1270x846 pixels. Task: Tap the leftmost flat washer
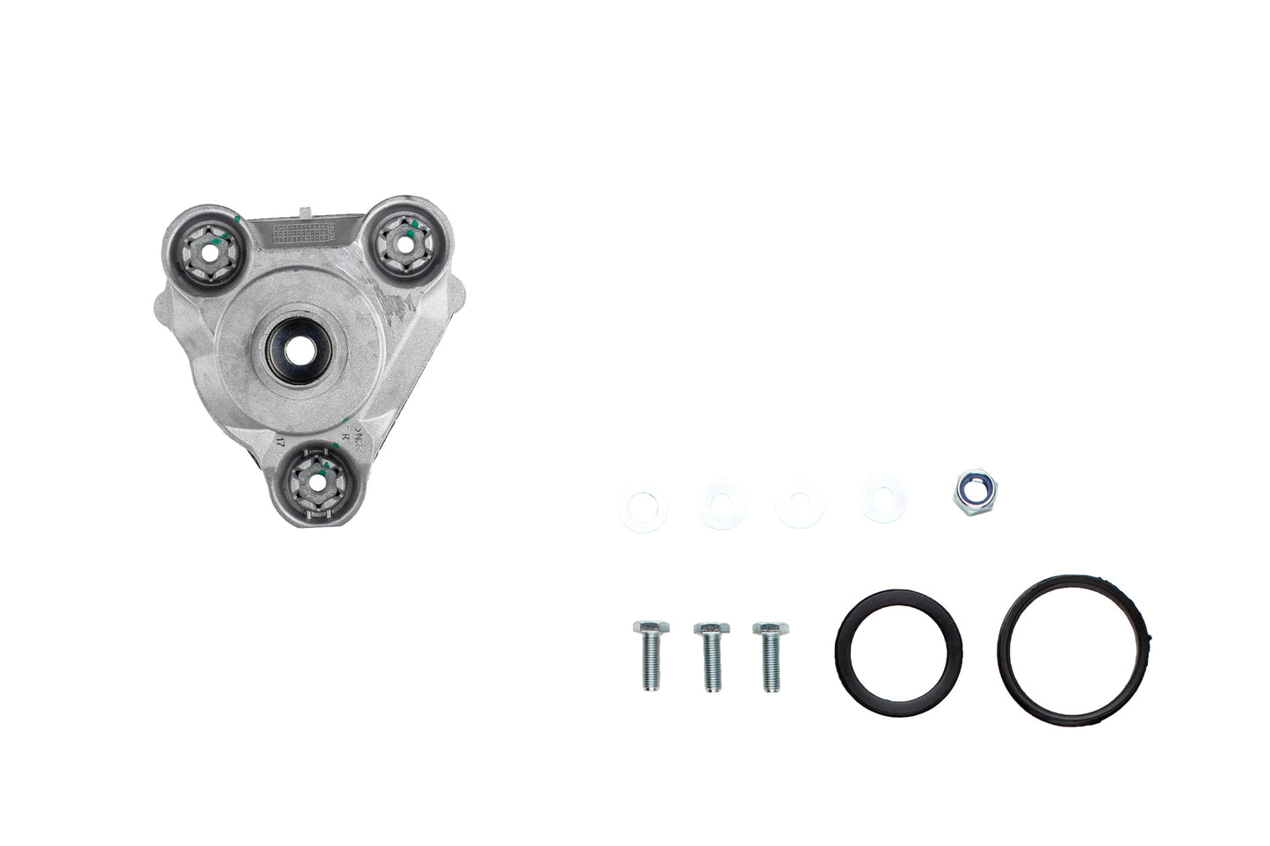pyautogui.click(x=642, y=509)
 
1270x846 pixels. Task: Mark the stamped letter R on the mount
pyautogui.click(x=345, y=437)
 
